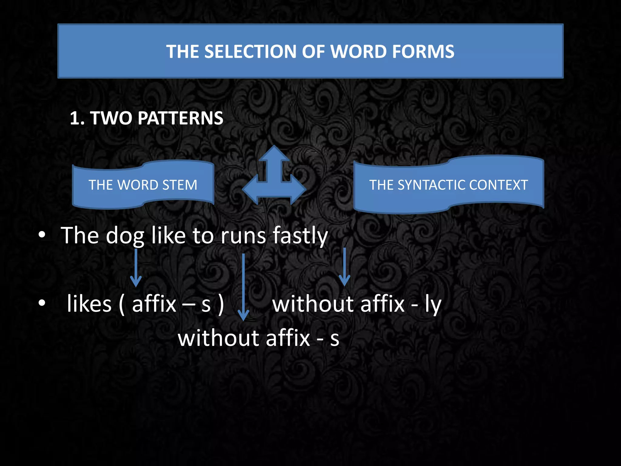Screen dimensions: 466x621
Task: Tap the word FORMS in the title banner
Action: pyautogui.click(x=423, y=52)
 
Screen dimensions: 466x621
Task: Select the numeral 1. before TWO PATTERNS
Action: pyautogui.click(x=77, y=118)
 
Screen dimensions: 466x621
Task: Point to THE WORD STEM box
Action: pyautogui.click(x=143, y=185)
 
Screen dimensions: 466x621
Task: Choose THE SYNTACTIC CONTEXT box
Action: pyautogui.click(x=448, y=185)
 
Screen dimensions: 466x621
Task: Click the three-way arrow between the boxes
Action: pyautogui.click(x=274, y=179)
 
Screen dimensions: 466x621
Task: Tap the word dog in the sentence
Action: pyautogui.click(x=125, y=236)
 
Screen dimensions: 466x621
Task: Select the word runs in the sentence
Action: pyautogui.click(x=243, y=236)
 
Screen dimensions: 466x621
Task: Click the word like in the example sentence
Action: pyautogui.click(x=168, y=236)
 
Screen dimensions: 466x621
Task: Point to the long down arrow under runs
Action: pyautogui.click(x=243, y=287)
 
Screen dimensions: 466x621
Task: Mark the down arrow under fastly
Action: pyautogui.click(x=344, y=267)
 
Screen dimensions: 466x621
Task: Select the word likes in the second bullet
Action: pyautogui.click(x=89, y=304)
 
